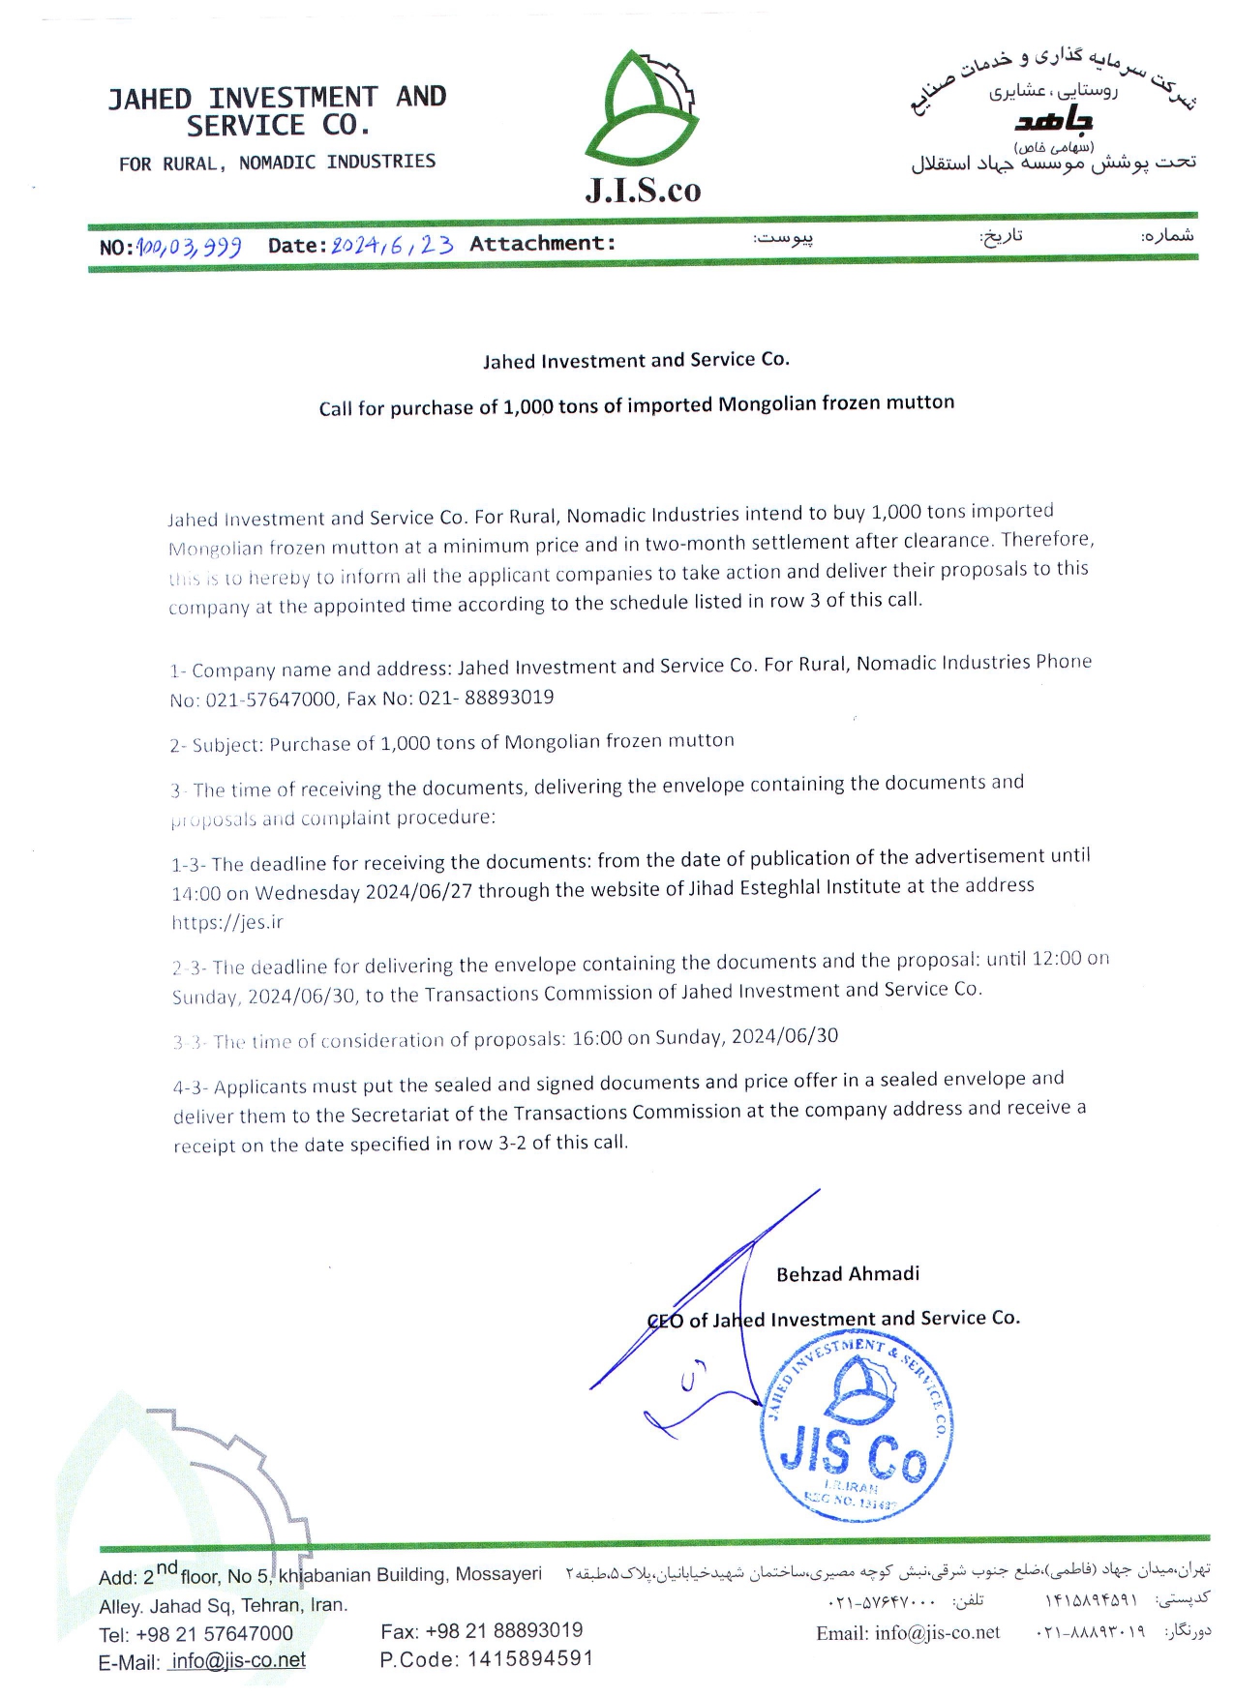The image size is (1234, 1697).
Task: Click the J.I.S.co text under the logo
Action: coord(643,190)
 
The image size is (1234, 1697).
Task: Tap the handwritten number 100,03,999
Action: coord(190,247)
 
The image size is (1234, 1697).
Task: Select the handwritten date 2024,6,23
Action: coord(392,245)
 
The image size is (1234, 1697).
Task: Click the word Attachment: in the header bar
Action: coord(542,243)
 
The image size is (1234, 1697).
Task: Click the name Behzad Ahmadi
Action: coord(847,1274)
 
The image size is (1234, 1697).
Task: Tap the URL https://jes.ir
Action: coord(227,922)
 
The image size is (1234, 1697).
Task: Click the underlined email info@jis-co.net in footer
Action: coord(237,1660)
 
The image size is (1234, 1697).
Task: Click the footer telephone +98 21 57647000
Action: coord(214,1633)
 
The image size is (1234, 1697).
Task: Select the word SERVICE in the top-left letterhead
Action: coord(246,127)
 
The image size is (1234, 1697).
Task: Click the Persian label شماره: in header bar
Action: coord(1167,235)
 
